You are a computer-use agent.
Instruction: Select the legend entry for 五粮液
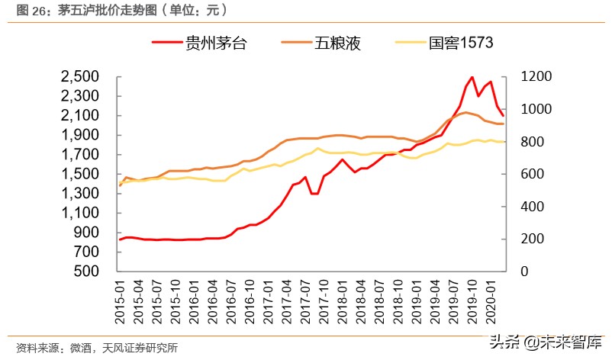coord(336,43)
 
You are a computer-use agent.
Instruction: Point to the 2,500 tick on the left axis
coord(80,77)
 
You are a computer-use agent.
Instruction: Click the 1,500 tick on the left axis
coord(80,174)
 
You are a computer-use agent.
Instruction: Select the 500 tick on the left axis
coord(89,272)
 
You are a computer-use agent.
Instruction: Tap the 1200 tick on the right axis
coord(535,77)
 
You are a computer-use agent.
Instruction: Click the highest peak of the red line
coord(472,77)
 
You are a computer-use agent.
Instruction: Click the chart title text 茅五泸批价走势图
coord(96,10)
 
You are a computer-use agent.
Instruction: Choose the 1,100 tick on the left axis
coord(80,213)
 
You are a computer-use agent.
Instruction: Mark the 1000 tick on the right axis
coord(535,109)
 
